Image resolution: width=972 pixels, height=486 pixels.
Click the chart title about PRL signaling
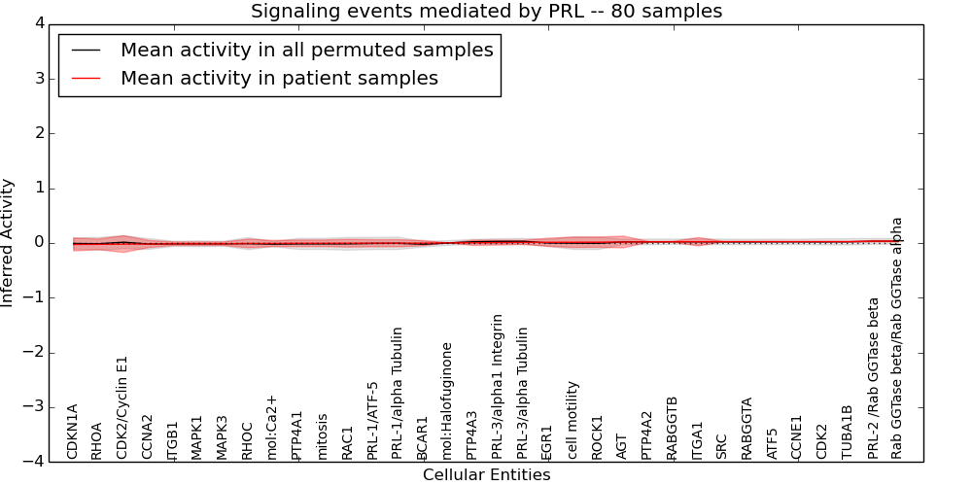point(486,12)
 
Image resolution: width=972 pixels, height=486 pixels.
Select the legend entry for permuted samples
point(306,51)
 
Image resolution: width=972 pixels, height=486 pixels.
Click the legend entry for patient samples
point(279,79)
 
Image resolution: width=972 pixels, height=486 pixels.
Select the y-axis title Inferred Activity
point(9,243)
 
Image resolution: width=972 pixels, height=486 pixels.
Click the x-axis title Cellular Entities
point(486,475)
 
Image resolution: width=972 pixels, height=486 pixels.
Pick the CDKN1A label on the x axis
point(73,432)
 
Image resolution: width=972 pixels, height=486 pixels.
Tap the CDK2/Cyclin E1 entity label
point(122,407)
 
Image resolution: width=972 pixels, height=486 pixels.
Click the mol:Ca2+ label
point(272,427)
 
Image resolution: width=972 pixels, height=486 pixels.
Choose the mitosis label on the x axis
point(323,436)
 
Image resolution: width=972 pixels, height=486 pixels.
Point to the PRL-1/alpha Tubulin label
point(398,393)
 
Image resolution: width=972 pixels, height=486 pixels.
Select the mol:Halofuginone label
point(448,400)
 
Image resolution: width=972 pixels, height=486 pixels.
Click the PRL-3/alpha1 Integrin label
point(498,386)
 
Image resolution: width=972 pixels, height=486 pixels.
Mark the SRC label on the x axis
point(721,446)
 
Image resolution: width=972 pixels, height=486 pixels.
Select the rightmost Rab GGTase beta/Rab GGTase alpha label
point(897,337)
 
